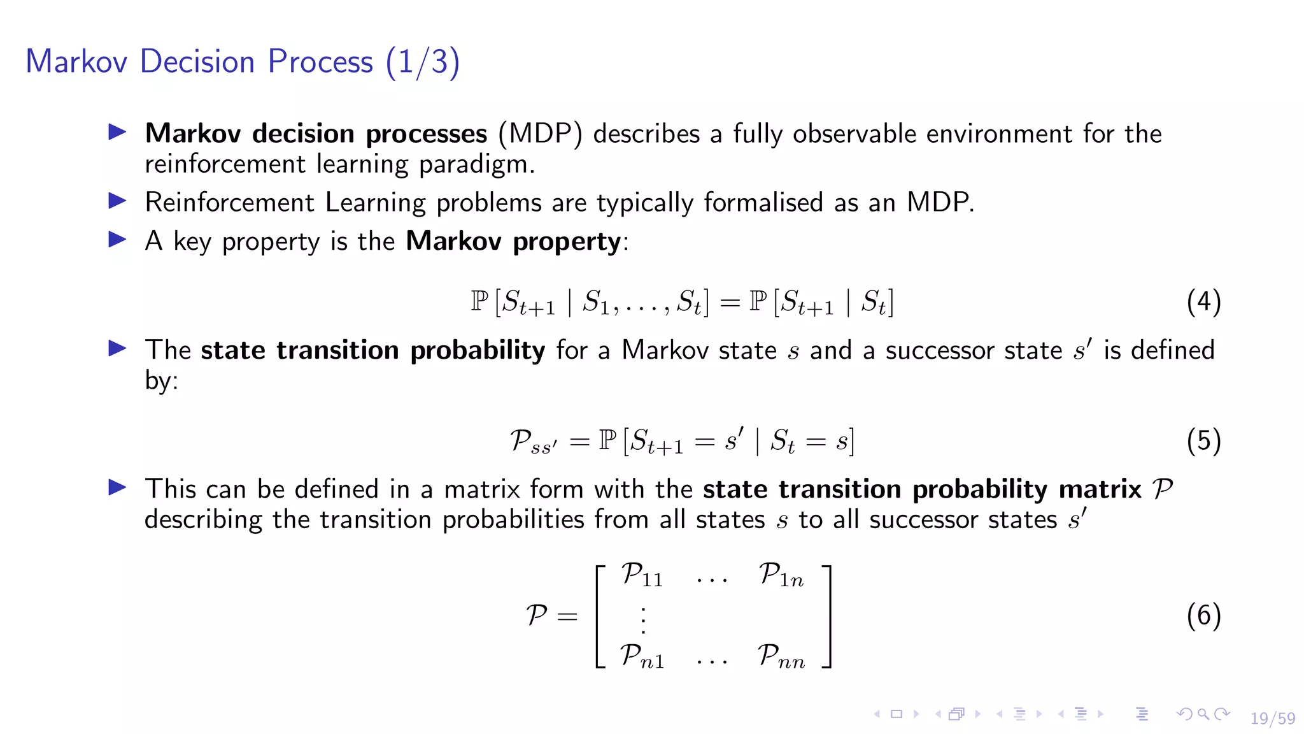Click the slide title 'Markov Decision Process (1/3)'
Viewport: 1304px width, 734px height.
click(x=243, y=62)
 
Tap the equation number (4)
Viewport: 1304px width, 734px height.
click(x=1203, y=301)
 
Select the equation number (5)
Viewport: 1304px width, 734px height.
click(x=1203, y=441)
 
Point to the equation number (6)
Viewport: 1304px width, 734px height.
click(x=1203, y=615)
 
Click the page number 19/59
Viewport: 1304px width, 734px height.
click(x=1272, y=718)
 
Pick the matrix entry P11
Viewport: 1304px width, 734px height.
click(x=642, y=575)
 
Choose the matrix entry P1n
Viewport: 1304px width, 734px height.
click(x=781, y=575)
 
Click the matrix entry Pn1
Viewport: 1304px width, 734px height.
click(x=642, y=656)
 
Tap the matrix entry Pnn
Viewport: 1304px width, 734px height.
click(x=781, y=656)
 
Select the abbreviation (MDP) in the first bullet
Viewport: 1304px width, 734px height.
click(x=540, y=134)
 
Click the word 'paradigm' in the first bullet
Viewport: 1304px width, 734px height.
click(x=477, y=165)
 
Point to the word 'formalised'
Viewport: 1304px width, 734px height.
click(x=763, y=203)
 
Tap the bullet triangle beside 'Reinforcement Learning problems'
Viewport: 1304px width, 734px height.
click(x=117, y=201)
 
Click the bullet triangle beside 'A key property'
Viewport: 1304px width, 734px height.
click(x=117, y=240)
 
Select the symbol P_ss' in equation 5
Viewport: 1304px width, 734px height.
click(x=533, y=441)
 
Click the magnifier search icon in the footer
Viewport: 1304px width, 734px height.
click(x=1203, y=714)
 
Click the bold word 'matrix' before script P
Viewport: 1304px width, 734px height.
click(x=1100, y=489)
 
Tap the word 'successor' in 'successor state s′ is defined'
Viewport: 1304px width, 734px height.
click(x=939, y=350)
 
